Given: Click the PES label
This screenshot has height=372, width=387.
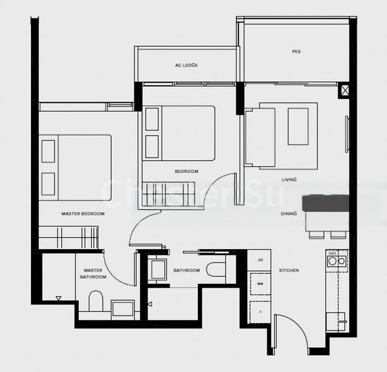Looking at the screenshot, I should [296, 51].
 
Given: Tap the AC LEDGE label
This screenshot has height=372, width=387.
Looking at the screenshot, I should [186, 65].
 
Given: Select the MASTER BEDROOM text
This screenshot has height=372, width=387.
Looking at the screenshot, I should [82, 214].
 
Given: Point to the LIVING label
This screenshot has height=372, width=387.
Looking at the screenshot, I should [289, 180].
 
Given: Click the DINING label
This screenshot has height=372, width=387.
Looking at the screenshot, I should [288, 214].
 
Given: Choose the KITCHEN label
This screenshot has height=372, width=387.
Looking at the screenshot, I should [289, 271].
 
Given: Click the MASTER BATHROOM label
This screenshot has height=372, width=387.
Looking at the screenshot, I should [93, 273].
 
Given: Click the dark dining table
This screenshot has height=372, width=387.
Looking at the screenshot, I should [326, 203].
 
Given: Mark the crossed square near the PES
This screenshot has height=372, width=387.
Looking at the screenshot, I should [344, 91].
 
